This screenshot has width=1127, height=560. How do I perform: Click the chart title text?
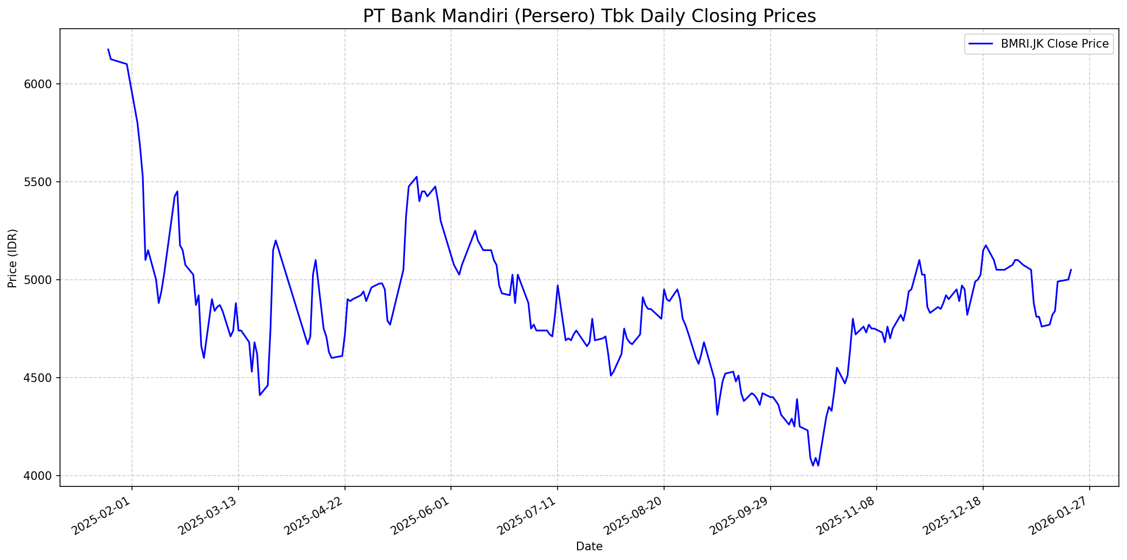[x=589, y=16]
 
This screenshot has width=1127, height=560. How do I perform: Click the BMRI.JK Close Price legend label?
[x=1055, y=44]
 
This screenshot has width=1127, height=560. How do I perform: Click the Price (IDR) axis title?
[x=12, y=258]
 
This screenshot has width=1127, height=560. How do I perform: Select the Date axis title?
[x=589, y=546]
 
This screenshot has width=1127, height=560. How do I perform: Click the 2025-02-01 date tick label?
[x=102, y=514]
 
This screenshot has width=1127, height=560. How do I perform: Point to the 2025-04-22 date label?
[x=315, y=514]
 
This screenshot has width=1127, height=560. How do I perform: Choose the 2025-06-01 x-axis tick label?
[x=421, y=514]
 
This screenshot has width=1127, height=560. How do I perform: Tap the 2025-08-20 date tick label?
[x=634, y=514]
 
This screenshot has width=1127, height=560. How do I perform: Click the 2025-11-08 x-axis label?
[x=846, y=514]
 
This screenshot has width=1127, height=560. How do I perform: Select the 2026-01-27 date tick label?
[x=1059, y=514]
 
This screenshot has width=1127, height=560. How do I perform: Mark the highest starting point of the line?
[x=108, y=49]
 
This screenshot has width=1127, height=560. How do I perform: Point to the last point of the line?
[x=1071, y=269]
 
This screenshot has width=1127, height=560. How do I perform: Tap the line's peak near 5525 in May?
[x=416, y=177]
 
